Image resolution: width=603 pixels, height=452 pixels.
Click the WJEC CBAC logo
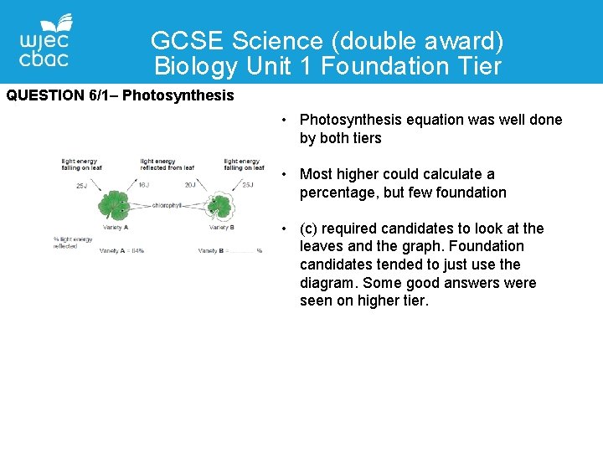pyautogui.click(x=44, y=42)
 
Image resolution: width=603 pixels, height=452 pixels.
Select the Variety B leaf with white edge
pyautogui.click(x=220, y=205)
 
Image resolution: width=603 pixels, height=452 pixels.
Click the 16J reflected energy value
pyautogui.click(x=143, y=185)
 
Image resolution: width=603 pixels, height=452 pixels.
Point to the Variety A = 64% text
pyautogui.click(x=121, y=250)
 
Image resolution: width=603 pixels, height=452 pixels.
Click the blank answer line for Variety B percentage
pyautogui.click(x=242, y=251)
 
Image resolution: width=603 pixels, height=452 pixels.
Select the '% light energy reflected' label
pyautogui.click(x=72, y=243)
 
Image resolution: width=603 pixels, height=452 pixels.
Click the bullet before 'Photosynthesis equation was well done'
pyautogui.click(x=286, y=121)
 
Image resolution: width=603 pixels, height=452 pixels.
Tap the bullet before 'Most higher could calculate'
pyautogui.click(x=286, y=175)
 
